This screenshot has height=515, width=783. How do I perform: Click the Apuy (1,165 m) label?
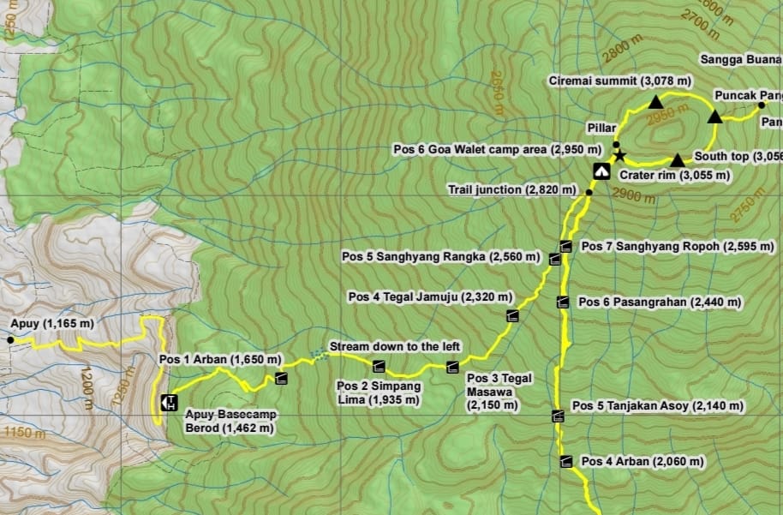coord(53,324)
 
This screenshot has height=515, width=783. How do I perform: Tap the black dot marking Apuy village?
coord(10,340)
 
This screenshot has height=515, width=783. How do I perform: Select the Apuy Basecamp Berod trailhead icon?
coord(168,401)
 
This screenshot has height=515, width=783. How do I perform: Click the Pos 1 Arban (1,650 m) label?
coord(220,359)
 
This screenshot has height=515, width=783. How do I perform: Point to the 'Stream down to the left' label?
coord(395,346)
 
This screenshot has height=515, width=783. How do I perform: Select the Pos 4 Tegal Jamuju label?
coord(430,296)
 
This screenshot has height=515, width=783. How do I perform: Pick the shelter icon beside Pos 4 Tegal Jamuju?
coord(512,315)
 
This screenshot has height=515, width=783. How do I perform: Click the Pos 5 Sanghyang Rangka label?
coord(440,256)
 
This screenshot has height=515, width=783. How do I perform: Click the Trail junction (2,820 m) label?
coord(513,189)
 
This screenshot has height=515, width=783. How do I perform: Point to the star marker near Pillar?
coord(620,157)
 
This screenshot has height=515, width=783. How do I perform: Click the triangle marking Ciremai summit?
coord(655,102)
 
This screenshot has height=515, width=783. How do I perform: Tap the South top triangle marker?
coord(677,160)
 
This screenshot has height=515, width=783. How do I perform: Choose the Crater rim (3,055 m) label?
coord(675,175)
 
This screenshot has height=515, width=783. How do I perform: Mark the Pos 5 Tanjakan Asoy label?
coord(657,405)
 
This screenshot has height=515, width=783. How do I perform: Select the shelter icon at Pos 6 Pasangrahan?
coord(562,302)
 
